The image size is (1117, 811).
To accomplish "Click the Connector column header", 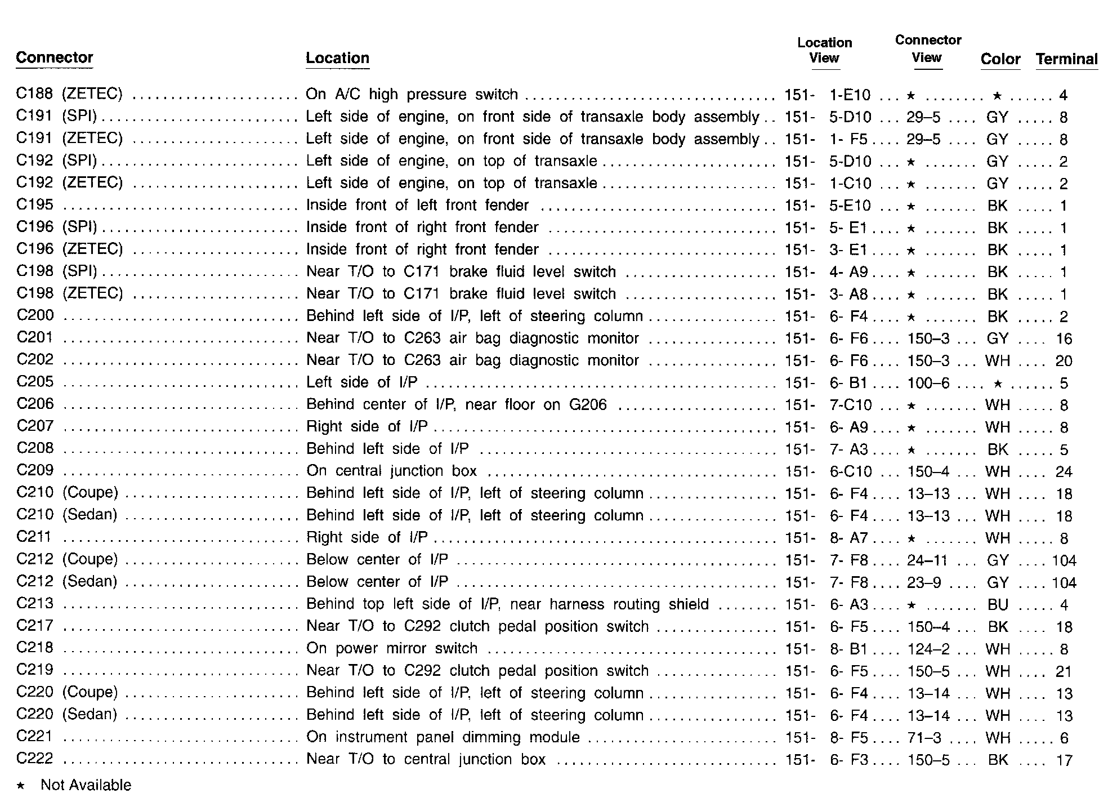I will pos(55,58).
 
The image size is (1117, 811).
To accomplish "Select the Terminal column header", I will pos(1066,59).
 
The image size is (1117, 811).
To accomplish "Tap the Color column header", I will pos(1000,59).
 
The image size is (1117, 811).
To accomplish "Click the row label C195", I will pos(35,206).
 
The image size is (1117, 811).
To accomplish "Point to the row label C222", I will pos(35,759).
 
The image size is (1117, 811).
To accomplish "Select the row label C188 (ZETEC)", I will pos(69,94).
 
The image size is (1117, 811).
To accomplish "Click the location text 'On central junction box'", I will pos(391,471).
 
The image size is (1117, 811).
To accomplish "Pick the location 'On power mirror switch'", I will pos(392,649).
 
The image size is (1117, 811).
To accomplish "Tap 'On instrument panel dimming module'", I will pos(443,737).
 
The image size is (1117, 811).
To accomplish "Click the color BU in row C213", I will pos(997,605).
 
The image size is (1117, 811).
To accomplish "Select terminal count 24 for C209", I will pos(1064,472).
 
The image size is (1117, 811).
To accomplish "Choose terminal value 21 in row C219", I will pos(1064,671).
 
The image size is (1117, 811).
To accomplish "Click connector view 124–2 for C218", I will pos(928,649).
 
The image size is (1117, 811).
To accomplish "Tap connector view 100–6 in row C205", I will pos(928,384).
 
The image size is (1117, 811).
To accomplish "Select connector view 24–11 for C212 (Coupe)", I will pos(927,560).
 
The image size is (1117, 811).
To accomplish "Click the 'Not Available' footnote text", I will pos(86,785).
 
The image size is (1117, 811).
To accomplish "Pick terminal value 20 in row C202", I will pos(1064,361).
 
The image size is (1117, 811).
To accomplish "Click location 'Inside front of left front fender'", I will pos(417,206).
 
